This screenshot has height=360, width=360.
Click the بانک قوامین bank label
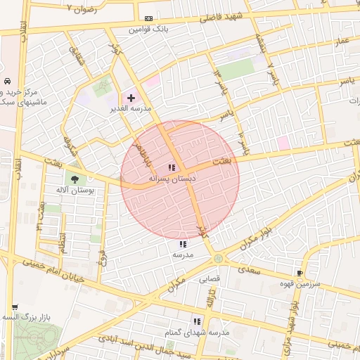(148, 30)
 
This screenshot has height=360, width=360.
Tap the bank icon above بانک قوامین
(148, 18)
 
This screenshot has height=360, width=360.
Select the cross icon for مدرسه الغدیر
(131, 97)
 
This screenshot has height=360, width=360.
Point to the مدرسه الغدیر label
(127, 109)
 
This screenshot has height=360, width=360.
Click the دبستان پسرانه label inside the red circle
(172, 179)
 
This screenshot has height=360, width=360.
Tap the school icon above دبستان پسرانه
(172, 167)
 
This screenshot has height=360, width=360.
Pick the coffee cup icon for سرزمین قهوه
(300, 273)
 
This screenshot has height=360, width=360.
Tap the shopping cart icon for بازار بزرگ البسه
(15, 307)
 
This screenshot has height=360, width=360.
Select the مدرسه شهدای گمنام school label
(198, 332)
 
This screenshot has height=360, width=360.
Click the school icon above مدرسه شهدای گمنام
(197, 321)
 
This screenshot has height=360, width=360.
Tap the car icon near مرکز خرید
(6, 81)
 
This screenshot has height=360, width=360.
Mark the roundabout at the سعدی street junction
(219, 259)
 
